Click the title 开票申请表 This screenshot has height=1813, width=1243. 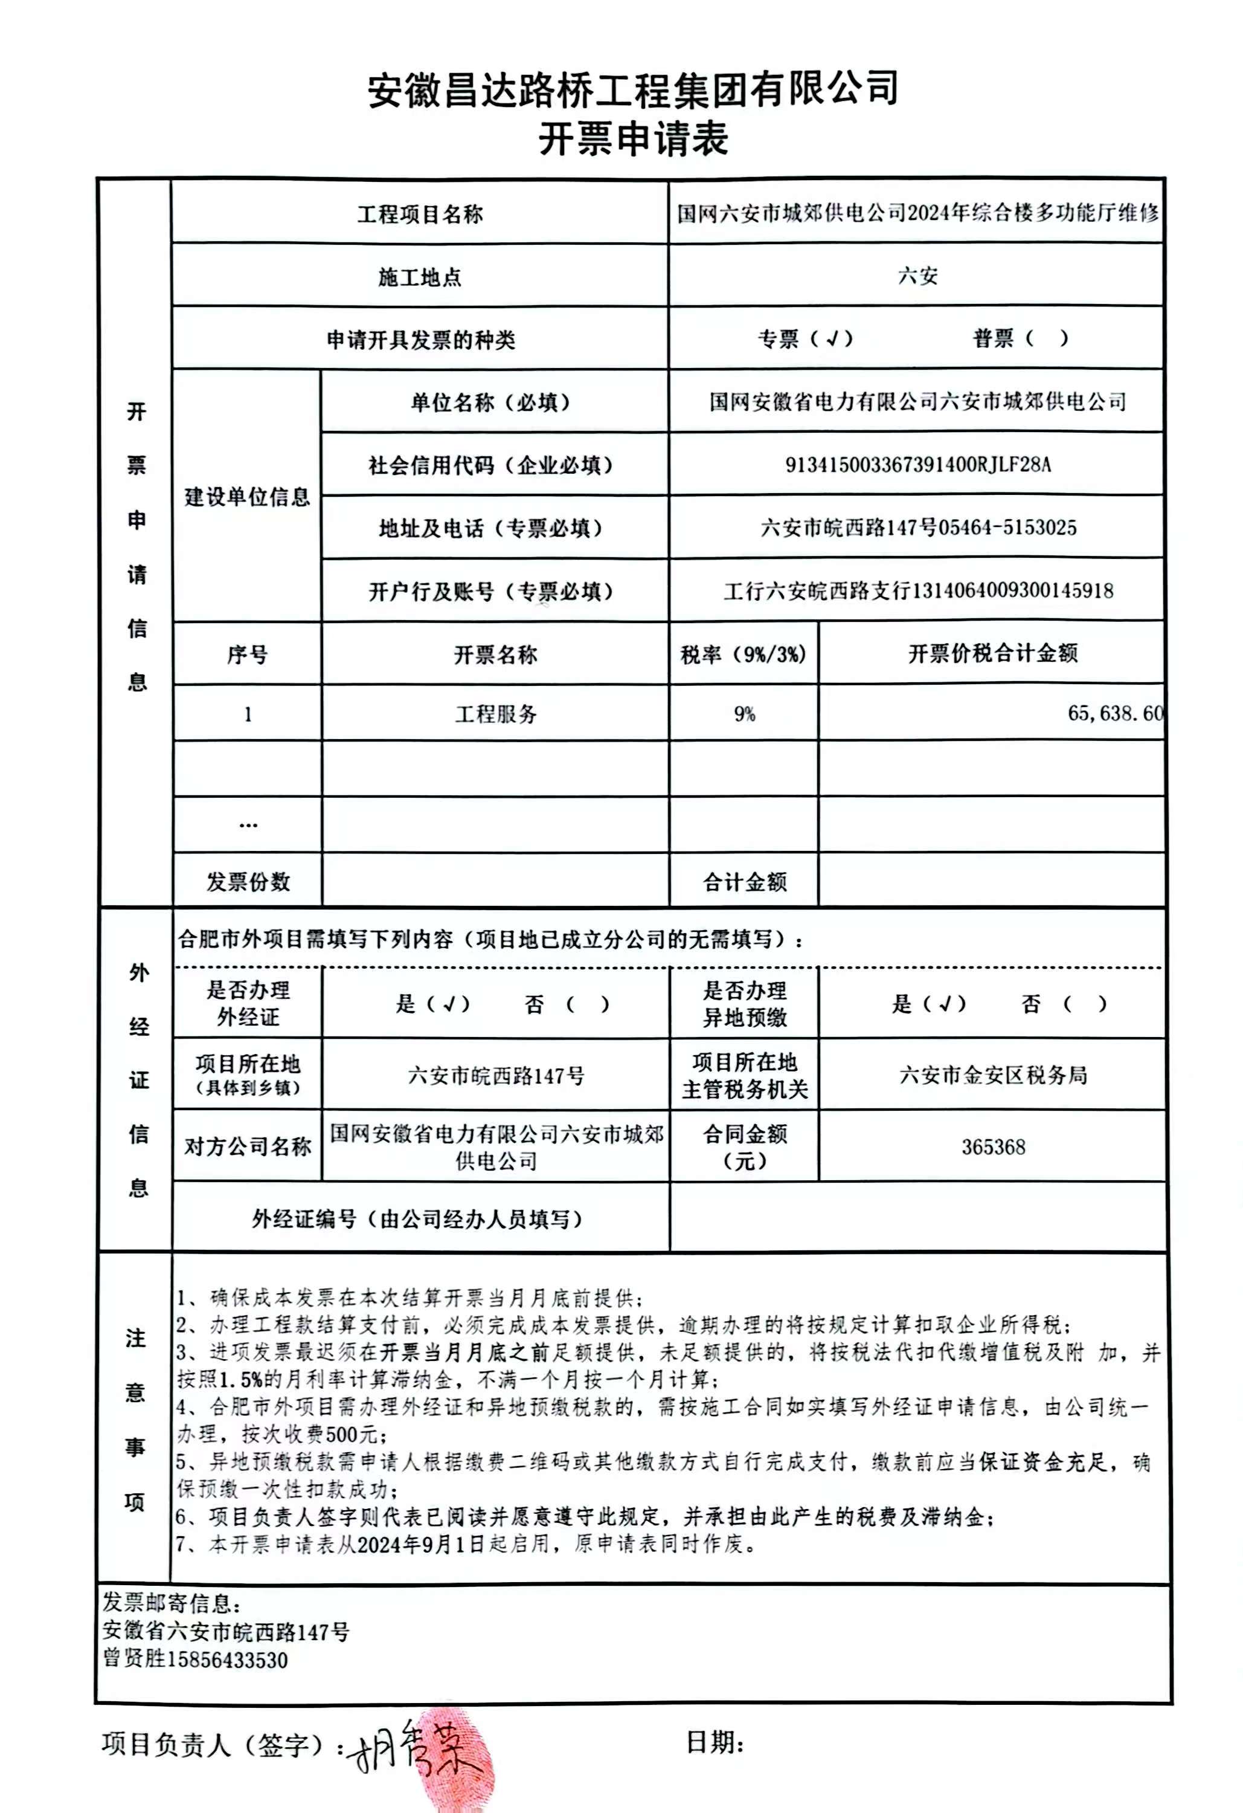click(632, 139)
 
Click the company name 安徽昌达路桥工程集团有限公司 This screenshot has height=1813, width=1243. click(632, 88)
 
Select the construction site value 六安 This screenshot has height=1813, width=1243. click(917, 276)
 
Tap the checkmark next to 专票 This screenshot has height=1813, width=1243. click(832, 338)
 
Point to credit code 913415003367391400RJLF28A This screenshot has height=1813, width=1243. click(917, 465)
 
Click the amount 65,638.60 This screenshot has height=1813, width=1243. click(1115, 713)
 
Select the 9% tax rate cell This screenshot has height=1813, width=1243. click(744, 714)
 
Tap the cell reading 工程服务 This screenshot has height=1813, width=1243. click(496, 714)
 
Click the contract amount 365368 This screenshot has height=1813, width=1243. click(993, 1147)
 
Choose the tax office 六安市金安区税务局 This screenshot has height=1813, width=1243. click(993, 1075)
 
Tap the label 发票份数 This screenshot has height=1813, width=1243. click(248, 882)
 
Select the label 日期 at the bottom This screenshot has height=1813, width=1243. click(713, 1742)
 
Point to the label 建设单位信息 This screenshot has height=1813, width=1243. click(247, 497)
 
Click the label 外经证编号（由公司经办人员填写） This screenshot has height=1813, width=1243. click(419, 1218)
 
